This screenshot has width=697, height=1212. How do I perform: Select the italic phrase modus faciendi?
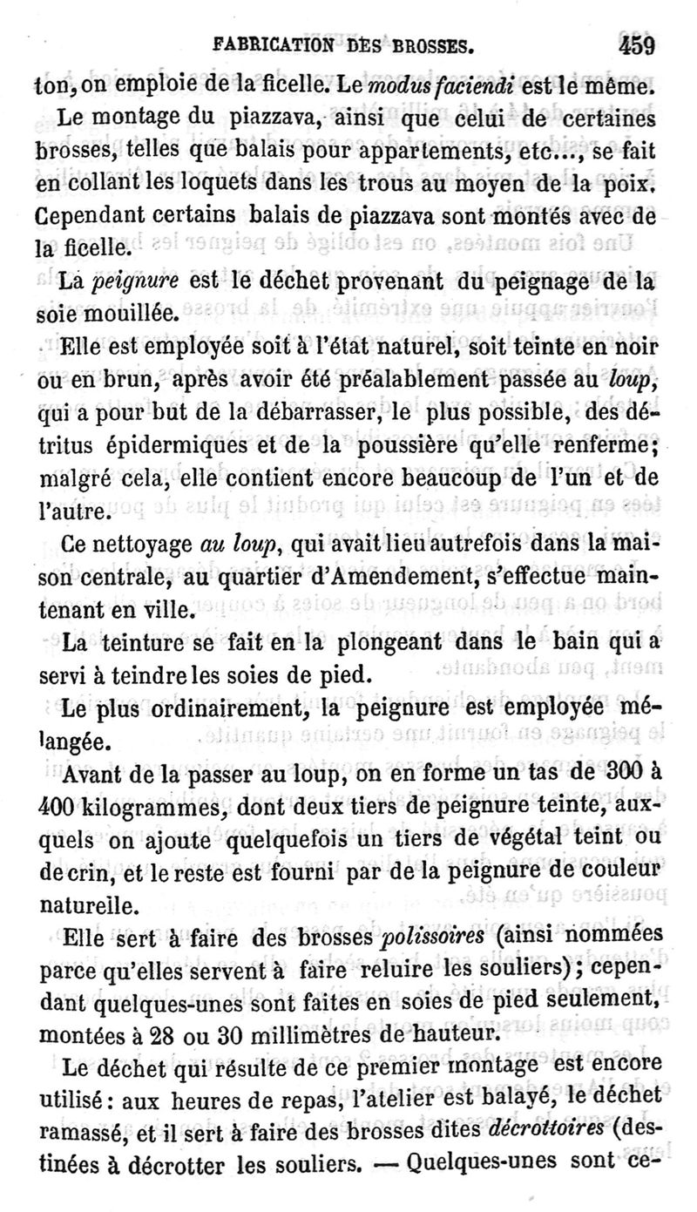pyautogui.click(x=427, y=86)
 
